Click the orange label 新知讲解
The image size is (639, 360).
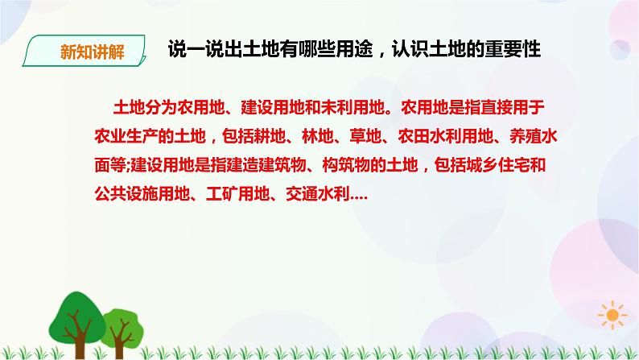point(92,52)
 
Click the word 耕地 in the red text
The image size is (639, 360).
point(270,136)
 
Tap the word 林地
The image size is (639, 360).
point(317,136)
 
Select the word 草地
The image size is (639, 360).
point(365,136)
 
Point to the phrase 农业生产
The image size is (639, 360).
point(126,136)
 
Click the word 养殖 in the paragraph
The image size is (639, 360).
point(525,136)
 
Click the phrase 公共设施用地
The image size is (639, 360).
point(142,194)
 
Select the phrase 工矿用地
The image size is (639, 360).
point(237,194)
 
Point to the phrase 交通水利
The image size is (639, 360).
point(317,194)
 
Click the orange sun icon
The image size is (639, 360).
point(612,315)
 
